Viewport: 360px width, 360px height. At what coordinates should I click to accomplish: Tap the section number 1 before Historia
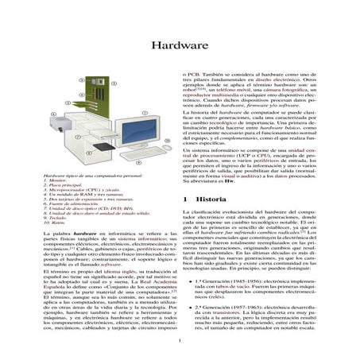(x=185, y=197)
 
